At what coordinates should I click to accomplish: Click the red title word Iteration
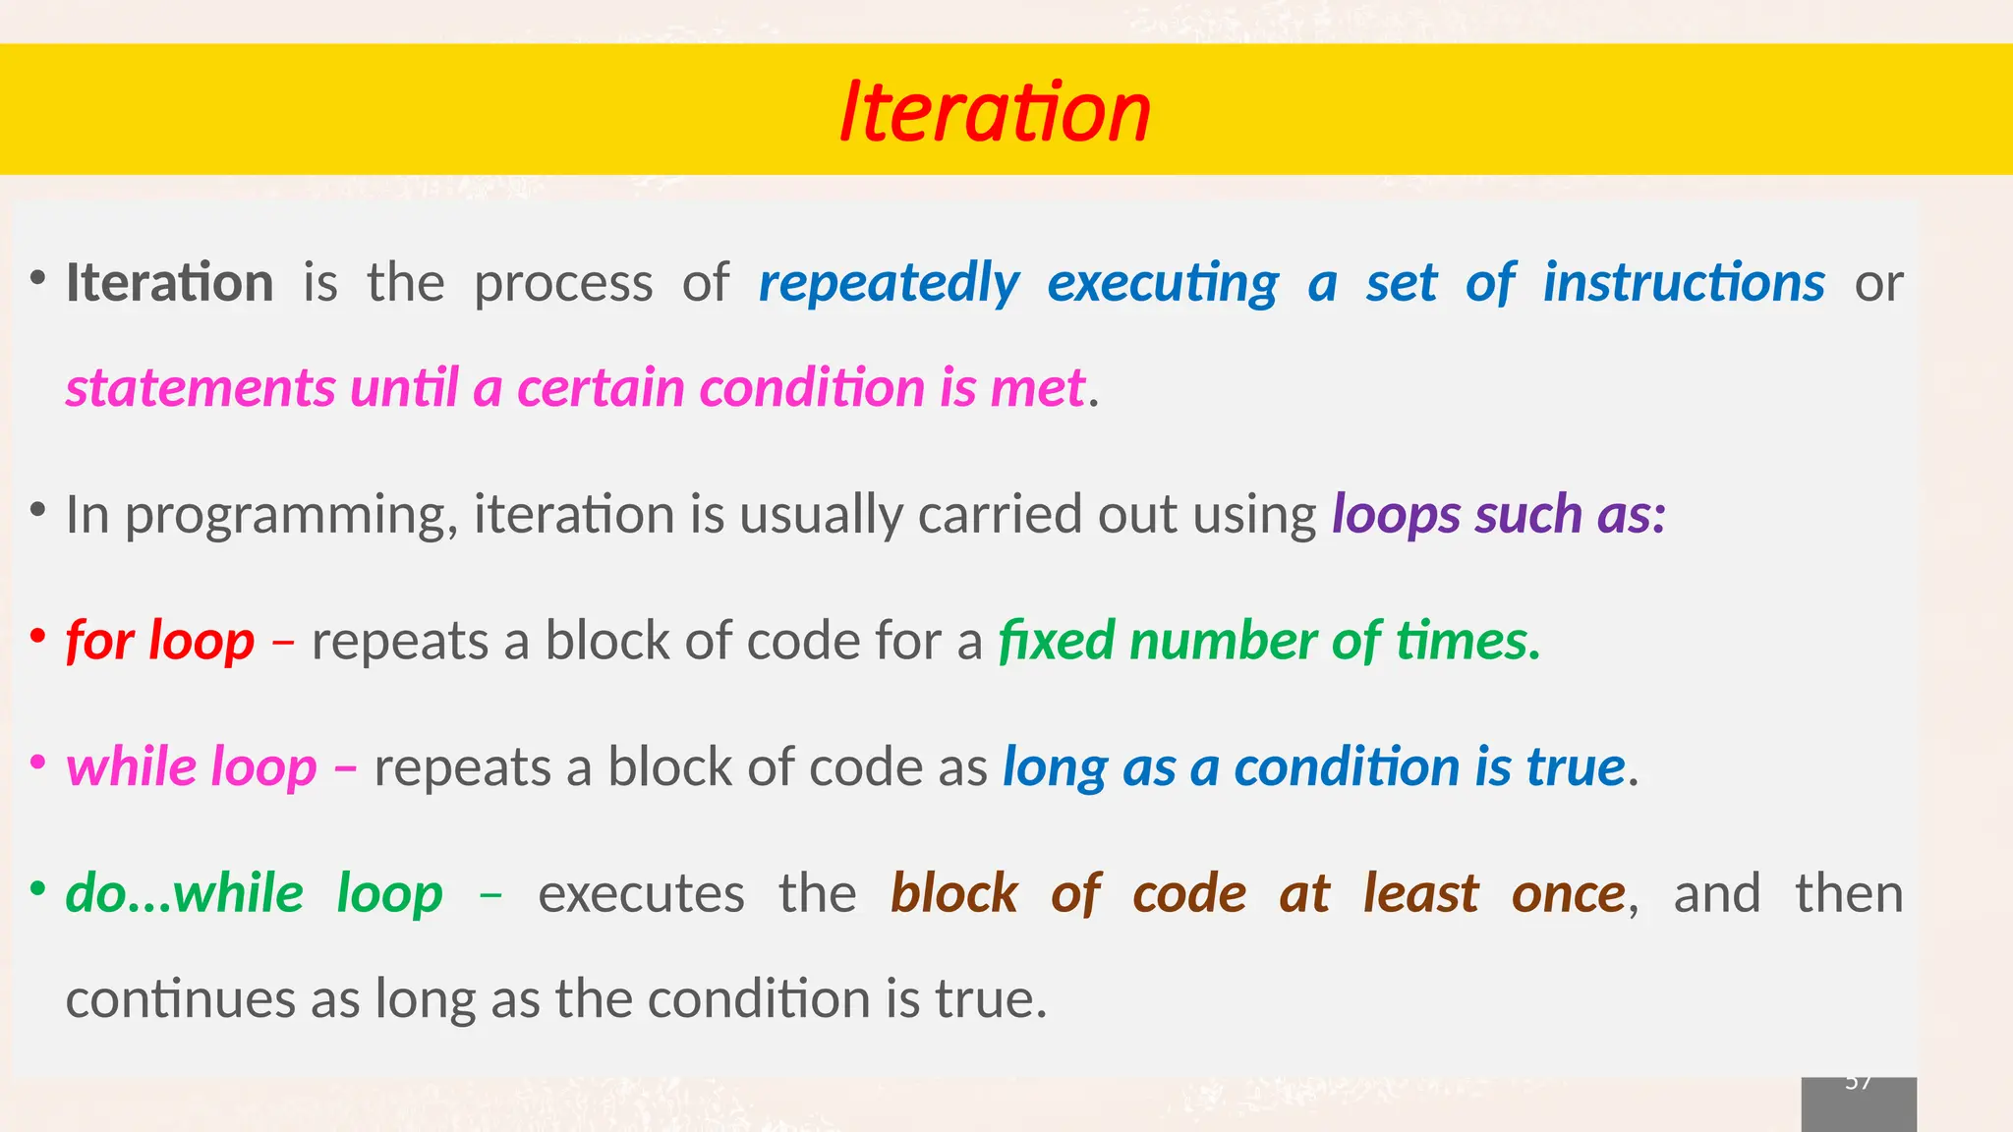point(995,112)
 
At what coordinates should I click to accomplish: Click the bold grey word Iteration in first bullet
point(169,283)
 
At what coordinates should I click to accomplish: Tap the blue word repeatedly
point(889,284)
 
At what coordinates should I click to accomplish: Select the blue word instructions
point(1684,283)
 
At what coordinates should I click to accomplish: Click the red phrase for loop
point(160,642)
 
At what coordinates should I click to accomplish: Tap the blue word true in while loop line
point(1576,766)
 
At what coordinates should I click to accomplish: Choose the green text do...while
point(184,893)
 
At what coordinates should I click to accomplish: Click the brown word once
point(1569,893)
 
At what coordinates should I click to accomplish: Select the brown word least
point(1420,893)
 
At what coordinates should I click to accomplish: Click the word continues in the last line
point(180,999)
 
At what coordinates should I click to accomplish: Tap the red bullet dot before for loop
point(38,637)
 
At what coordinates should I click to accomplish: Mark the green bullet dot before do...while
point(38,889)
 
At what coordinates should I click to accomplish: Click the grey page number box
point(1858,1104)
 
